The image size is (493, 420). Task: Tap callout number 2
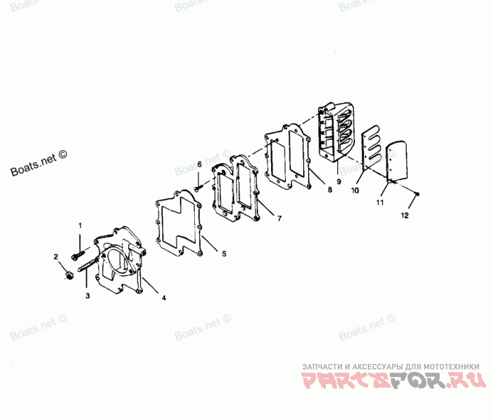[55, 257]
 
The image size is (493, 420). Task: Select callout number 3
[88, 296]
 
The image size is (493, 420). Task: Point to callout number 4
[163, 298]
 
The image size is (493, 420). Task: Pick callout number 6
[199, 164]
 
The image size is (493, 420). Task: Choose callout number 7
[279, 218]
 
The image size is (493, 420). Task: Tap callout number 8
[330, 191]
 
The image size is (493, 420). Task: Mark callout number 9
[338, 183]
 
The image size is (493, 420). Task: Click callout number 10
[355, 191]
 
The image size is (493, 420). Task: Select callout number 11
[380, 202]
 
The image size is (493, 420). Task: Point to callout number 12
[404, 216]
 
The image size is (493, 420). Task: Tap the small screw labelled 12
[417, 195]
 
